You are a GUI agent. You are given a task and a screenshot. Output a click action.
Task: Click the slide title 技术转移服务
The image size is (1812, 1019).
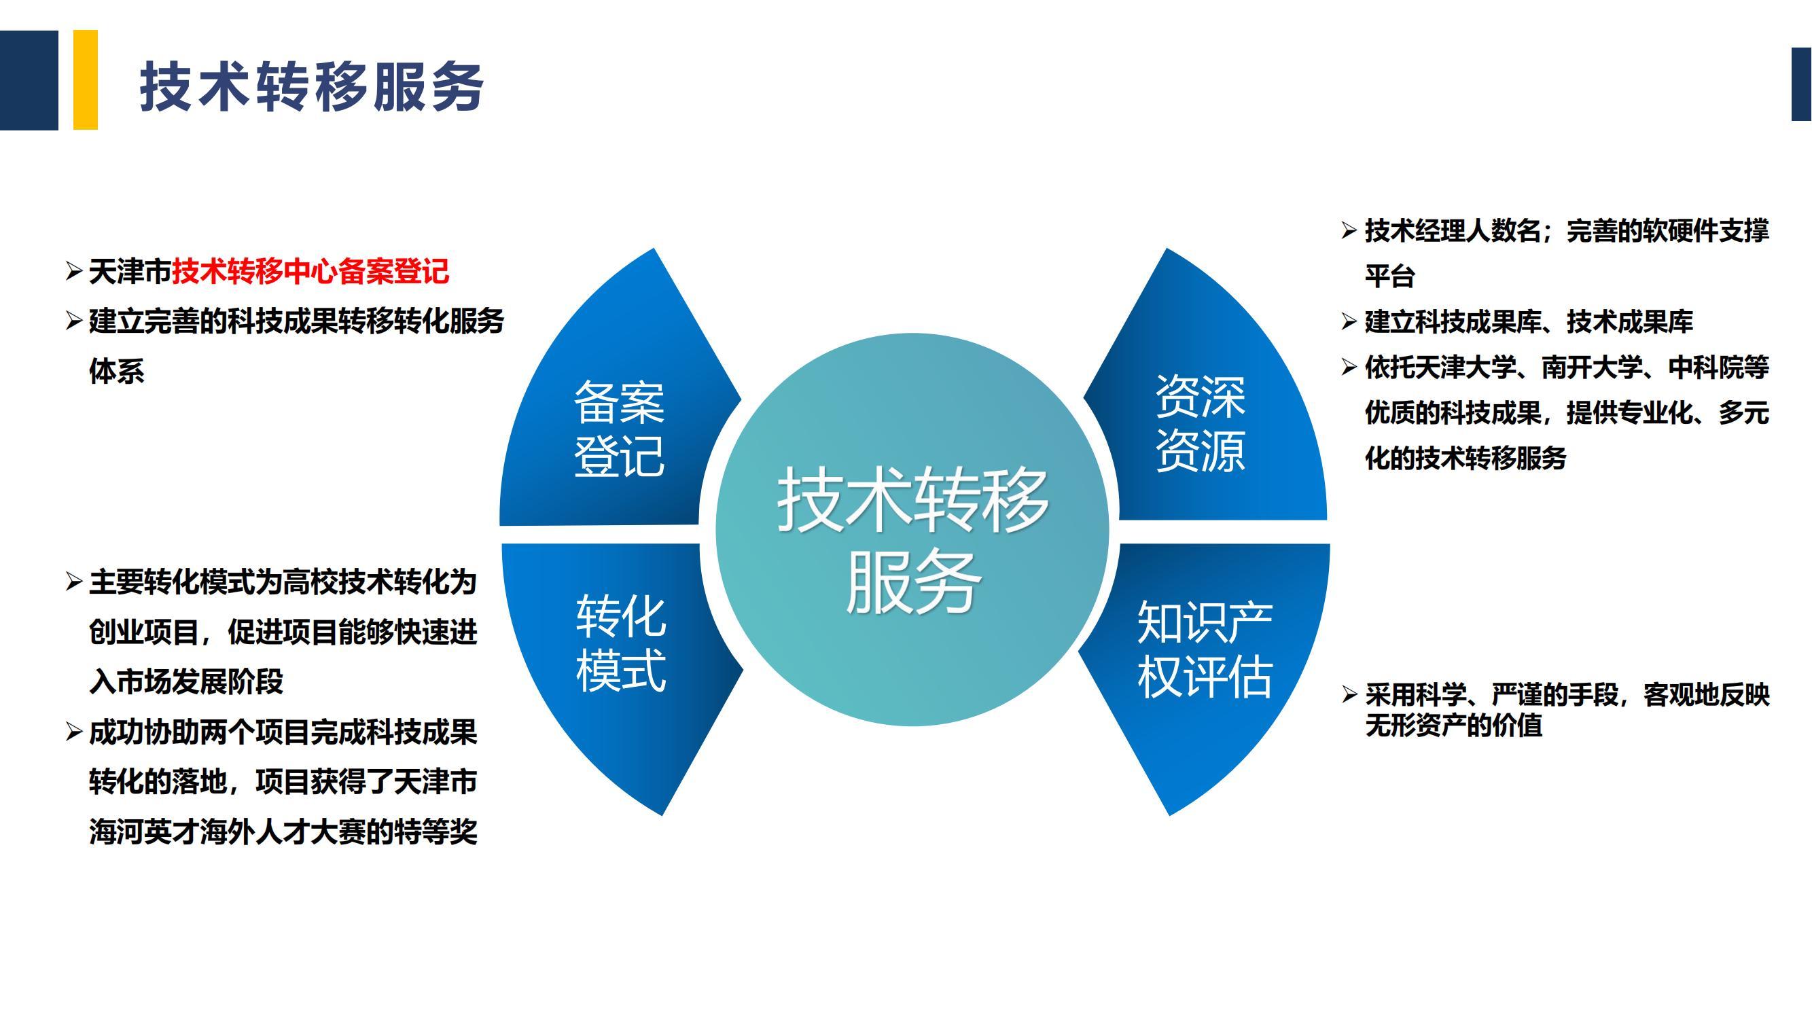pyautogui.click(x=312, y=86)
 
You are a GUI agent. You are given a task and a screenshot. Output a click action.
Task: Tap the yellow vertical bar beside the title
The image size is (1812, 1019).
pyautogui.click(x=85, y=79)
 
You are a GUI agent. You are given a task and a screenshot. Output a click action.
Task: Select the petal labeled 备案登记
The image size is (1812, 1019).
pyautogui.click(x=619, y=394)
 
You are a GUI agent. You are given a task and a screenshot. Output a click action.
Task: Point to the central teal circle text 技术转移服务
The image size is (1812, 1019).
pyautogui.click(x=912, y=539)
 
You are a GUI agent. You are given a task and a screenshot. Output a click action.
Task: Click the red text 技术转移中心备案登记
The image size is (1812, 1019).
pyautogui.click(x=310, y=272)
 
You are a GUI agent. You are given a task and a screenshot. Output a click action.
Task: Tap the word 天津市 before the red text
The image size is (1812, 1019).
pyautogui.click(x=130, y=272)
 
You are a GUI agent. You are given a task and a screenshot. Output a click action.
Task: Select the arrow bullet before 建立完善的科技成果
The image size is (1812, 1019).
pyautogui.click(x=74, y=321)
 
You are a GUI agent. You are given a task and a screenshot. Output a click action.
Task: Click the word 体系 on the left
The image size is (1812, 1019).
pyautogui.click(x=117, y=371)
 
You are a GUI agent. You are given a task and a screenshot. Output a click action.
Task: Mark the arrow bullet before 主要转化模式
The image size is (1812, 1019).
pyautogui.click(x=74, y=582)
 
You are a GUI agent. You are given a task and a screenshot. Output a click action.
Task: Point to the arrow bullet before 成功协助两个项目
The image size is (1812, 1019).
pyautogui.click(x=74, y=732)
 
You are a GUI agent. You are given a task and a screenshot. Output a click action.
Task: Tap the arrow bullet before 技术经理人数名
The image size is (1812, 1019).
pyautogui.click(x=1349, y=230)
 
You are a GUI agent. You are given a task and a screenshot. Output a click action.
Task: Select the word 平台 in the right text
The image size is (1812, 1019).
pyautogui.click(x=1390, y=276)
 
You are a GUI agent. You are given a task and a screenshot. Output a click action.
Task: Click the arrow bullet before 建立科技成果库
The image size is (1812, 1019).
pyautogui.click(x=1349, y=321)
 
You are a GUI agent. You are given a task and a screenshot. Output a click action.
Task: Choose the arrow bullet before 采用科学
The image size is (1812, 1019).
pyautogui.click(x=1349, y=695)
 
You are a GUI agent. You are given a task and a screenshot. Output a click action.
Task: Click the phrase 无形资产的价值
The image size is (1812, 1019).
pyautogui.click(x=1454, y=725)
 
